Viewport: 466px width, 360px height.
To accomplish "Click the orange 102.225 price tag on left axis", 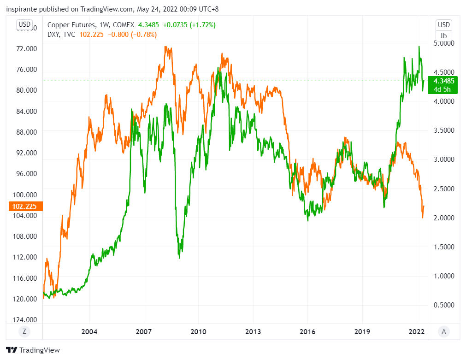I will tap(23, 206).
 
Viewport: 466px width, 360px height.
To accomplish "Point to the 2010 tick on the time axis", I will tap(198, 331).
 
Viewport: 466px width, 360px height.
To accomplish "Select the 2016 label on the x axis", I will tap(307, 331).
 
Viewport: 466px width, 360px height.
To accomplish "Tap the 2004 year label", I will tap(89, 331).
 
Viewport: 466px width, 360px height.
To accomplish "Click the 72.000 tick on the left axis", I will tap(26, 48).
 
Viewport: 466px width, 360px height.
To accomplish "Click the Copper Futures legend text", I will tap(72, 25).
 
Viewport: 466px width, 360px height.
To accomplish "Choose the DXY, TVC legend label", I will tap(61, 34).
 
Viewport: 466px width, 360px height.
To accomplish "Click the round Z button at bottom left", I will tap(24, 331).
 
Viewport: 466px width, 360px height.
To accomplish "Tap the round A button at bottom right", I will tap(444, 331).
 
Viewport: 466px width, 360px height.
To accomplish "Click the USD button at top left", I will tap(24, 24).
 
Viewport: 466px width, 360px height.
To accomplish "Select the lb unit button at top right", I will tap(444, 35).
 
